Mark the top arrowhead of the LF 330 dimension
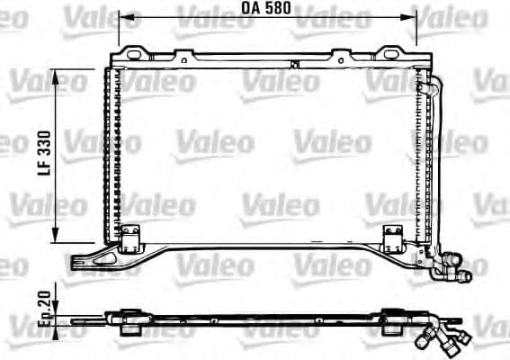tap(58, 75)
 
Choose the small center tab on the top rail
tap(293, 62)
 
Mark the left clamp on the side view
tap(125, 319)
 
